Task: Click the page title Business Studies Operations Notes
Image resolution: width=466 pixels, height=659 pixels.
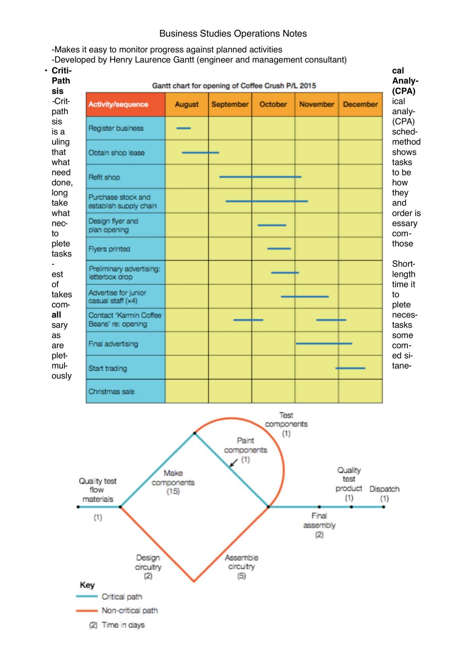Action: [x=233, y=33]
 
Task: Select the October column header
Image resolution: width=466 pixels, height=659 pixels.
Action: [x=273, y=104]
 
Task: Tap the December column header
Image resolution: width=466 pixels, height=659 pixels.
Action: [x=360, y=104]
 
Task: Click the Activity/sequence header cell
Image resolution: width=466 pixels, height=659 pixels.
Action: [x=126, y=104]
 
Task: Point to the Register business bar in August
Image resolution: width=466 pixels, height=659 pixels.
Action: [x=183, y=128]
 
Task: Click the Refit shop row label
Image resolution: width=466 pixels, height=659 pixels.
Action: [x=104, y=177]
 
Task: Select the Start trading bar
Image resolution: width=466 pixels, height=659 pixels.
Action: [x=350, y=368]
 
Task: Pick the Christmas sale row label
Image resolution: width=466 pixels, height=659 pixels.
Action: [x=111, y=392]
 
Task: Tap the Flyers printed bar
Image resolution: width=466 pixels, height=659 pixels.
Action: [x=279, y=249]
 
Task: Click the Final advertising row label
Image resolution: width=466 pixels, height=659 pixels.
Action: [x=113, y=344]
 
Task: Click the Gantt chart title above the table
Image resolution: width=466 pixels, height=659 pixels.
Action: [x=234, y=86]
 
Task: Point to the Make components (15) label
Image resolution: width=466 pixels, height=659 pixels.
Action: [x=173, y=482]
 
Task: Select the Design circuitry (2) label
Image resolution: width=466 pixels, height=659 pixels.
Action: [x=148, y=567]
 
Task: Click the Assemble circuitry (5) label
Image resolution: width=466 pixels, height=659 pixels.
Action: [x=242, y=567]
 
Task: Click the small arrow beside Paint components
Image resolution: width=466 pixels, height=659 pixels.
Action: [x=233, y=463]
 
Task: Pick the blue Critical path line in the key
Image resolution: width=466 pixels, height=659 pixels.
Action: [x=87, y=597]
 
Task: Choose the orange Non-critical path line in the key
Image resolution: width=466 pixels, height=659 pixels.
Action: [x=87, y=610]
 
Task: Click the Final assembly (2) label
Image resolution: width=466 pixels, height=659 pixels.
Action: [x=319, y=525]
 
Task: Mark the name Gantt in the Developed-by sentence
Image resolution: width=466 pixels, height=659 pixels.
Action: [x=184, y=60]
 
